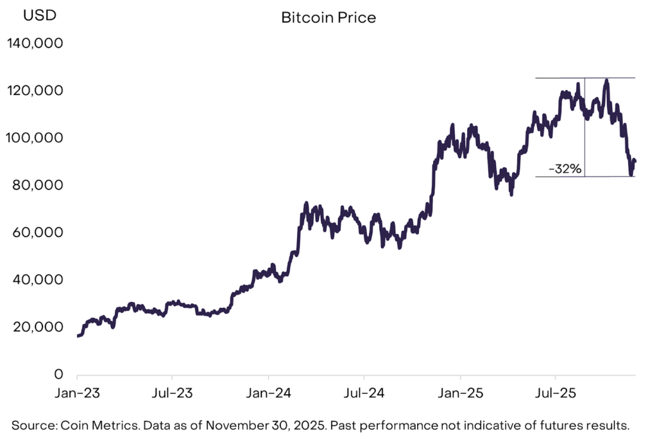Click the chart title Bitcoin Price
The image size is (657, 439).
point(328,17)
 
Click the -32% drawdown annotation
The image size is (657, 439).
point(565,170)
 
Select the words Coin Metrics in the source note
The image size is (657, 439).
point(95,425)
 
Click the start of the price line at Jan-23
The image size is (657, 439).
point(78,336)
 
